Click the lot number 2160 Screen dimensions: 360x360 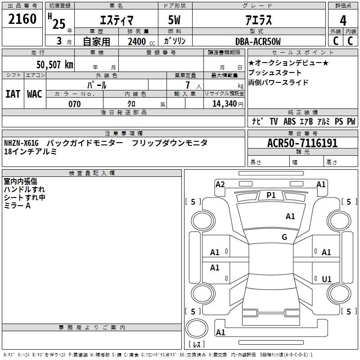[x=22, y=19]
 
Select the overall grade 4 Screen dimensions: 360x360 [x=343, y=21]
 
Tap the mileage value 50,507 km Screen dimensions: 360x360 [x=55, y=64]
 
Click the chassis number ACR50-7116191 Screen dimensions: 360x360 [x=302, y=143]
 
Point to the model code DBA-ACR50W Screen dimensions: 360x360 [x=258, y=41]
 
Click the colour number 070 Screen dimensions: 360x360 [x=75, y=104]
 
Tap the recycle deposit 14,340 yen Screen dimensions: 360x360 [x=228, y=104]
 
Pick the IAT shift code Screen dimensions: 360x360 [x=13, y=94]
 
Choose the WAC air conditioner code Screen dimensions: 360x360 [x=35, y=94]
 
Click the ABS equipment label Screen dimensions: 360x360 [x=289, y=121]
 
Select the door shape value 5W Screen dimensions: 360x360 [x=174, y=20]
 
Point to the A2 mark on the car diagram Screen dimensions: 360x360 [x=220, y=184]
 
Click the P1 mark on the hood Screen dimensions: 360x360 [x=271, y=195]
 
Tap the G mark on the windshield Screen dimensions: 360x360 [x=284, y=237]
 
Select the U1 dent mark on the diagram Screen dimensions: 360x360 [x=327, y=279]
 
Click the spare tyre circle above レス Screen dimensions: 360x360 [x=197, y=328]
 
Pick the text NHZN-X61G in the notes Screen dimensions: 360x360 [x=21, y=143]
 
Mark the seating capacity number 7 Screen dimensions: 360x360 [x=188, y=85]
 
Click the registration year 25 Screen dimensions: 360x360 [x=59, y=24]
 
